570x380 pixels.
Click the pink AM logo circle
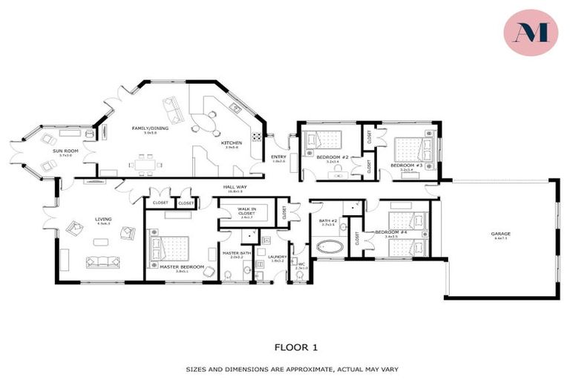531,33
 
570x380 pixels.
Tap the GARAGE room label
500,234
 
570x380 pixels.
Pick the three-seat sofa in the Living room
102,261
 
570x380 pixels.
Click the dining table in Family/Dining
145,162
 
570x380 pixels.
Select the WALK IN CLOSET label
246,211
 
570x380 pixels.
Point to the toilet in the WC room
299,275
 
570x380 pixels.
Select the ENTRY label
278,157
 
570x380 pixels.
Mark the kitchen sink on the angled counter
234,108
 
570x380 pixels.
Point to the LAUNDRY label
278,257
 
